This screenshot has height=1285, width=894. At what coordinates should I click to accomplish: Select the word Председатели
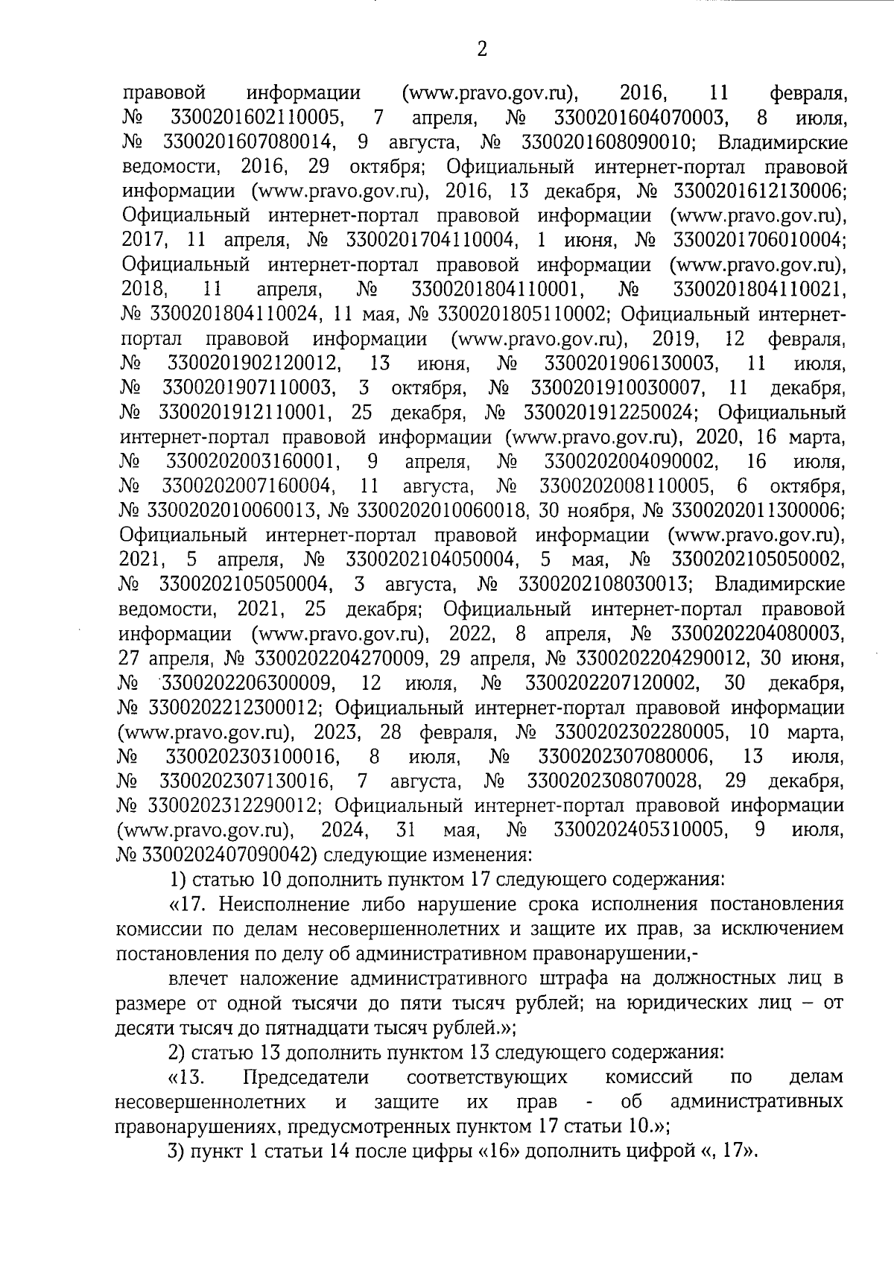pyautogui.click(x=306, y=1077)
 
